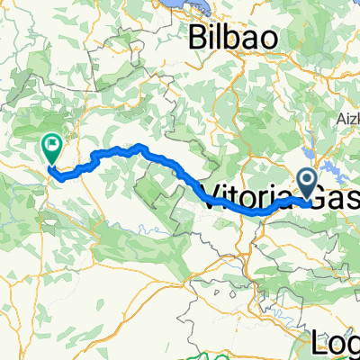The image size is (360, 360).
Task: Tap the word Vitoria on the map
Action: pyautogui.click(x=248, y=196)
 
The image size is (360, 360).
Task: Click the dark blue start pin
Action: pyautogui.click(x=308, y=184)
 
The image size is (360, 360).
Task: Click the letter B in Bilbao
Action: pyautogui.click(x=198, y=40)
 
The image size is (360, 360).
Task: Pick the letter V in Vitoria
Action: pyautogui.click(x=216, y=196)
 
